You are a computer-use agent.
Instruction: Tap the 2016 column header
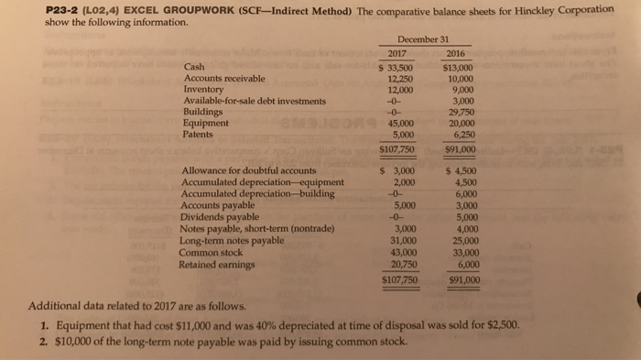click(x=455, y=53)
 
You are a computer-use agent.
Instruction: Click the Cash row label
click(x=194, y=68)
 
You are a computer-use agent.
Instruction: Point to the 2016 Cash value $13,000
click(x=456, y=68)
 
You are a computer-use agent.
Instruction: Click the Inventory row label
click(x=203, y=90)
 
